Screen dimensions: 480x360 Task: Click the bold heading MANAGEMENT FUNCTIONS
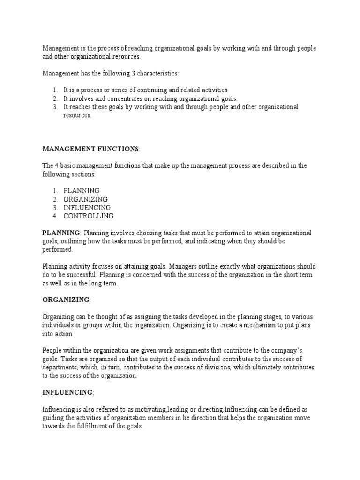click(91, 149)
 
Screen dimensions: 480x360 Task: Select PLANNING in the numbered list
click(81, 191)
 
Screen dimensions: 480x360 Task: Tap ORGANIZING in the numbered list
click(85, 199)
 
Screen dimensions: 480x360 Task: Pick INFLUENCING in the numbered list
click(87, 208)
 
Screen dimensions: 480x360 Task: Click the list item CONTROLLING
click(89, 216)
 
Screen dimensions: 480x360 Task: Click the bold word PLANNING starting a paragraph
click(61, 233)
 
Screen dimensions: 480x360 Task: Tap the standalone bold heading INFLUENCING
click(67, 392)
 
